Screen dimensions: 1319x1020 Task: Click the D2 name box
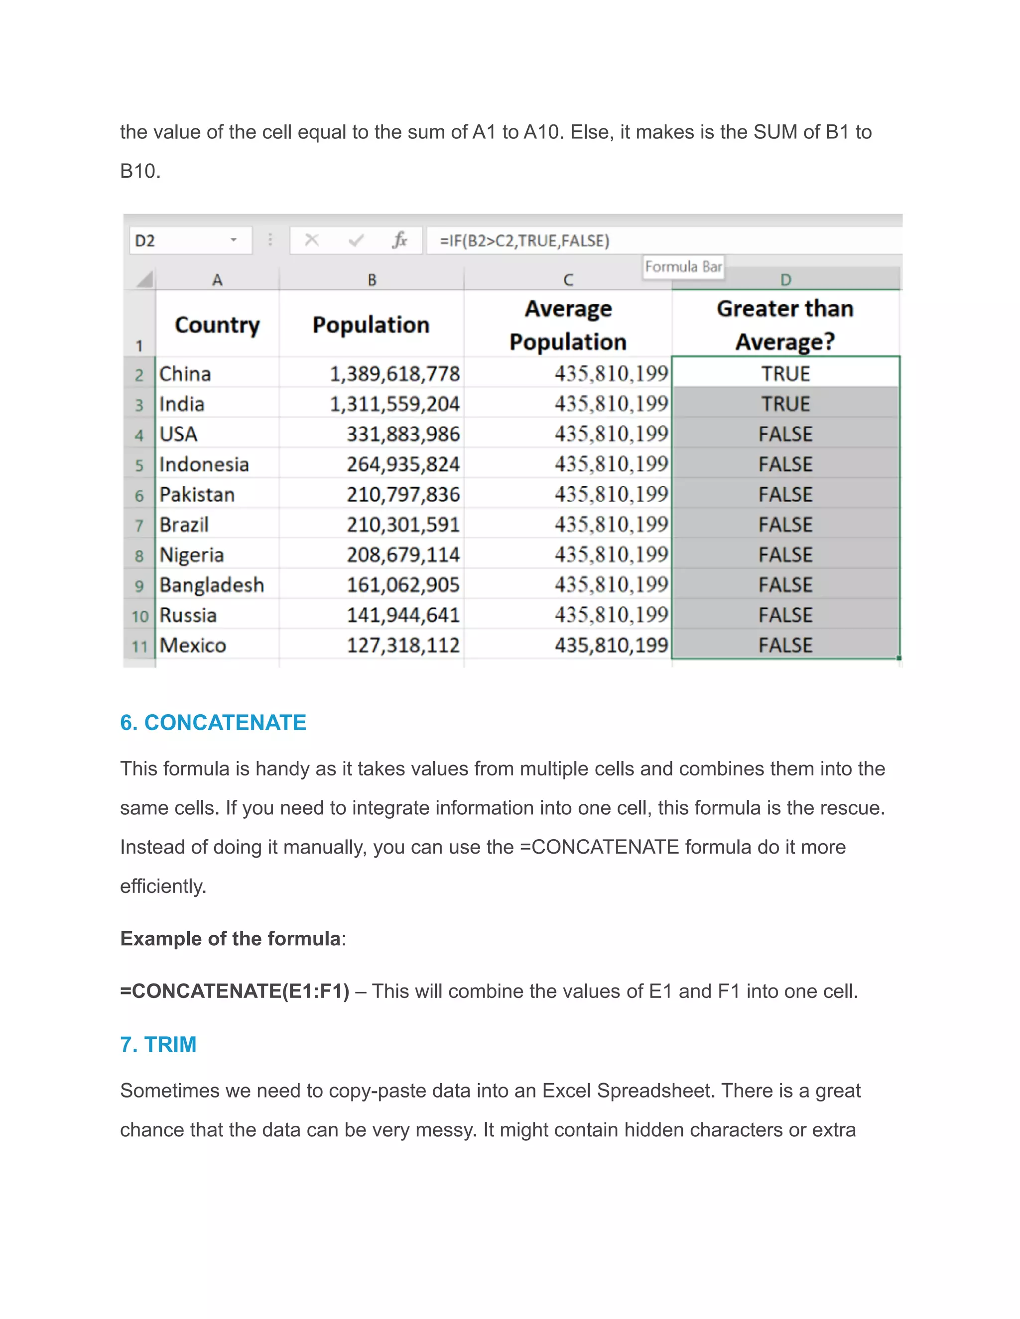181,240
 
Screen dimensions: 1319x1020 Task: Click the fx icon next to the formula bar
399,240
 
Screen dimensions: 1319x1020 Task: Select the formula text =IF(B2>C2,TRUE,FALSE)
524,241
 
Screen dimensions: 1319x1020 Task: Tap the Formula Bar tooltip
683,267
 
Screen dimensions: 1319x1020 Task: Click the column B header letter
372,280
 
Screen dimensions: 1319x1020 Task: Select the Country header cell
217,325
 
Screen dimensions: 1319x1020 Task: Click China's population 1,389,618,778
394,374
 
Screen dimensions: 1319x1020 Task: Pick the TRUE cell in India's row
785,404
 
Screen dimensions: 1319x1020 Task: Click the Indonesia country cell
204,464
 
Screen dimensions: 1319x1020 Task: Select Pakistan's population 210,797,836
403,495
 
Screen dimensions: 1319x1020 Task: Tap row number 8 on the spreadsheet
139,555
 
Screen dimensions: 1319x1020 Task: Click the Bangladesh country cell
212,585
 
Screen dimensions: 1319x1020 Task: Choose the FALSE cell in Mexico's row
785,646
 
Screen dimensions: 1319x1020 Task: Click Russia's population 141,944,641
403,615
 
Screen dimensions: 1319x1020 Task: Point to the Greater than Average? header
785,325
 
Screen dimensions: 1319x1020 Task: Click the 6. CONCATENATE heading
213,722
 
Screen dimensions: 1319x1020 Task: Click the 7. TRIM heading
158,1044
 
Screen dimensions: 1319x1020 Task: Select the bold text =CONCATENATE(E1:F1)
235,991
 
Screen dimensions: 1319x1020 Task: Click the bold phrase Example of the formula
230,939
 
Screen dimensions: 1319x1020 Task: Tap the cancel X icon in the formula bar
312,240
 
